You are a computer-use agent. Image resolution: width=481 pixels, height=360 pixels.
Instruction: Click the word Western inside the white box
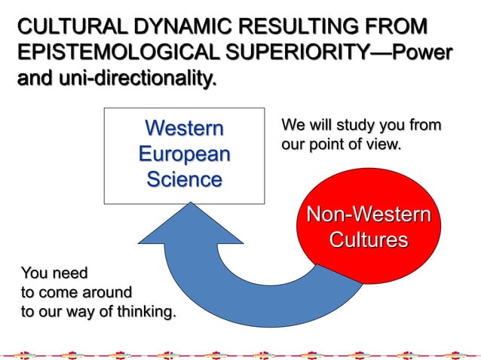184,128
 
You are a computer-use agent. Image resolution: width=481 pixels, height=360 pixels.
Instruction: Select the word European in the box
184,154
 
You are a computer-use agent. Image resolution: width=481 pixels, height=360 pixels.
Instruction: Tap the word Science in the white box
184,179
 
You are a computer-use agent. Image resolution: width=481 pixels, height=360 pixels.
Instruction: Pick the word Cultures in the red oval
368,241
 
